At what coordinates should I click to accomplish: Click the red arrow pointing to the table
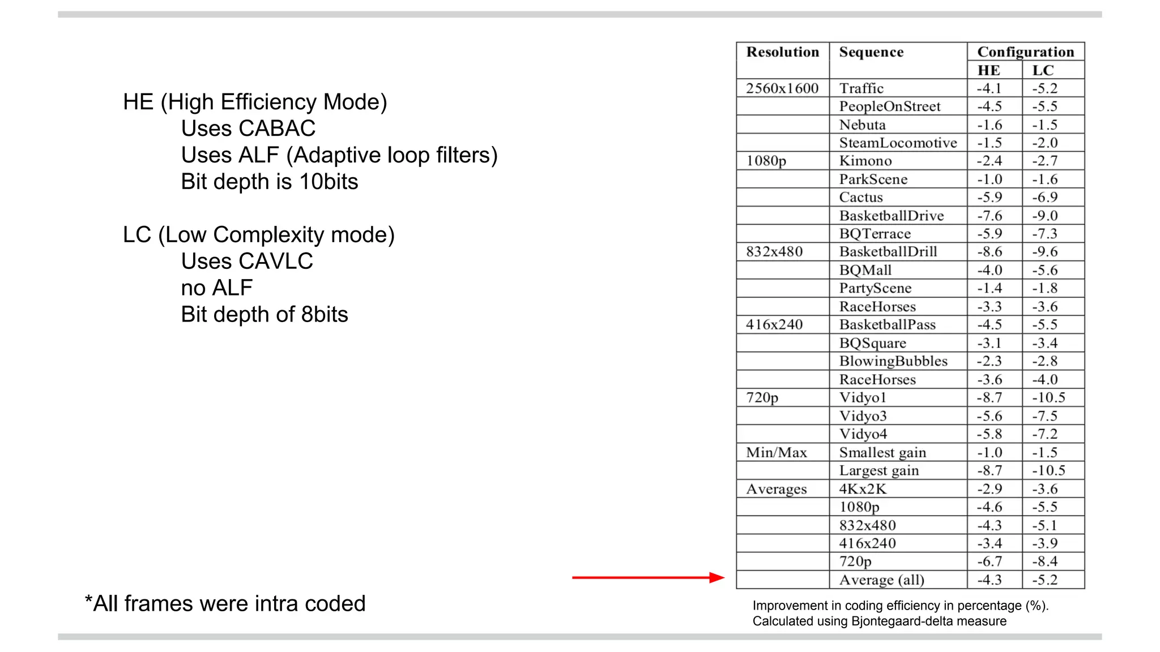pos(648,577)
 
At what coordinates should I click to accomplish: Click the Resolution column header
pos(782,52)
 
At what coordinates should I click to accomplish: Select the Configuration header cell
pos(1025,52)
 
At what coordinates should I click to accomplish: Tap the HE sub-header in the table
pos(988,71)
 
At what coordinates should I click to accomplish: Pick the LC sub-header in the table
pos(1043,71)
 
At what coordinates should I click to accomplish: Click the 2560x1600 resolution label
pos(782,88)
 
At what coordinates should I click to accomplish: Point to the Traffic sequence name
pos(861,88)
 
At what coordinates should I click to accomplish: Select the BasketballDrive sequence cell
pos(891,216)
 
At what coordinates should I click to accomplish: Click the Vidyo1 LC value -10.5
pos(1048,397)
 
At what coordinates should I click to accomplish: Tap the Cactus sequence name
pos(861,198)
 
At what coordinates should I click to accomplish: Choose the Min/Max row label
pos(776,452)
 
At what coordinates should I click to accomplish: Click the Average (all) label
pos(881,580)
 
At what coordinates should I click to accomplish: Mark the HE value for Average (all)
pos(989,580)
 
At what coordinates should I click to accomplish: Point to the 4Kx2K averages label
pos(863,488)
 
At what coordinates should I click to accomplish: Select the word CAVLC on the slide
pos(275,261)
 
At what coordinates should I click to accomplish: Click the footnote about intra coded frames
pos(225,603)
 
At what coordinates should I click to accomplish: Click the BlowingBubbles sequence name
pos(893,361)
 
